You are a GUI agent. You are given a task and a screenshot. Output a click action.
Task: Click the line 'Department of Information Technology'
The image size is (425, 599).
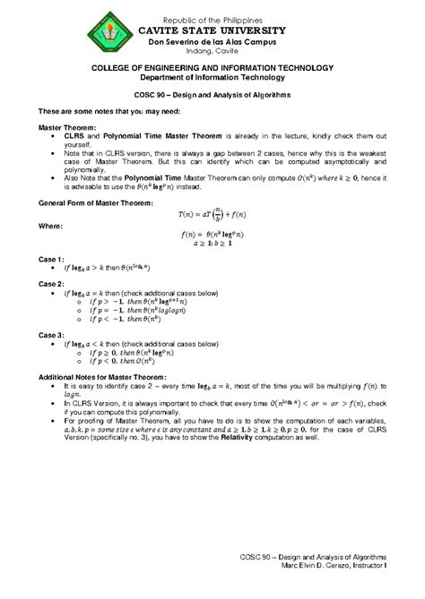tap(212, 77)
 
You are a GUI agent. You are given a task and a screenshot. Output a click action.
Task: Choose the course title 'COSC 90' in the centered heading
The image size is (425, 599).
tap(142, 94)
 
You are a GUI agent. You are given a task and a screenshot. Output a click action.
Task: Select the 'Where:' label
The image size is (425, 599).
tap(51, 227)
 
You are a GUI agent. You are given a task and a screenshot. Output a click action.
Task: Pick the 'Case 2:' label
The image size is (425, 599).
tap(51, 283)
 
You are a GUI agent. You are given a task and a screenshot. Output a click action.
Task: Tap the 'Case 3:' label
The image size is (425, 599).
tap(51, 334)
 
